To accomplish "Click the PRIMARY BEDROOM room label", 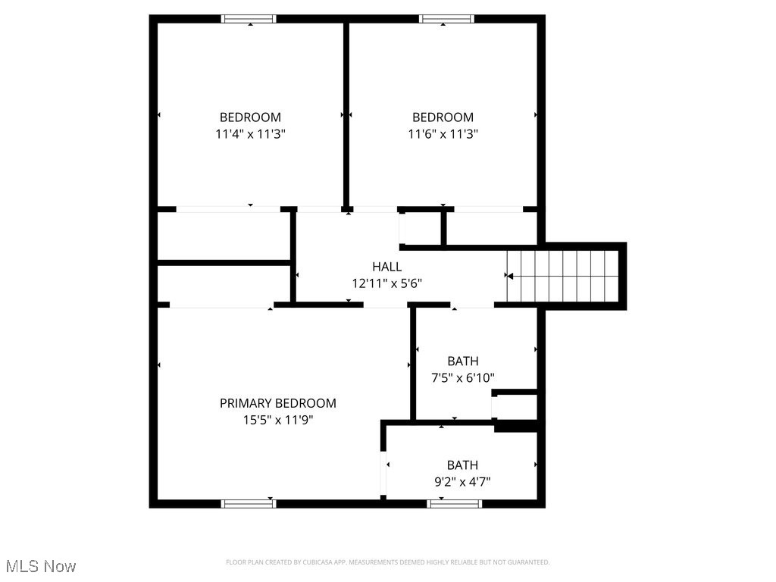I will coord(277,403).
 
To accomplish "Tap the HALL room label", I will coord(386,267).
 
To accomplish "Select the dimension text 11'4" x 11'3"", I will coord(250,133).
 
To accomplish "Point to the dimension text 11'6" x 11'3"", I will coord(443,133).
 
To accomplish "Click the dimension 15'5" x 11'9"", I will coord(277,420).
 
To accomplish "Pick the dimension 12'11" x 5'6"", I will coord(386,283).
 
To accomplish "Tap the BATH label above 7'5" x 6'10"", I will coord(462,361).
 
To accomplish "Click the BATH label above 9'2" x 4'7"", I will coord(462,465).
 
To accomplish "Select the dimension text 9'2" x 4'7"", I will coord(462,481).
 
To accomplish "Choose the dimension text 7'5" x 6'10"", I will coord(462,377).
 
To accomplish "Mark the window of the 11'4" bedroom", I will coord(249,19).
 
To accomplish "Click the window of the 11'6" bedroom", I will coord(446,19).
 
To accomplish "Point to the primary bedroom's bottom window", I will coord(249,502).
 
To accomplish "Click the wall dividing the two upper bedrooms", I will coord(346,114).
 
